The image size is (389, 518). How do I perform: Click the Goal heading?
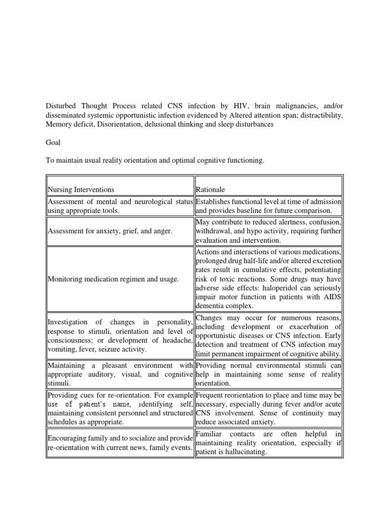click(x=53, y=143)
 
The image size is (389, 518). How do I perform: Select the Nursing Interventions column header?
click(x=81, y=190)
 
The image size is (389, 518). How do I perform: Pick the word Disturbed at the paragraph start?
click(x=61, y=106)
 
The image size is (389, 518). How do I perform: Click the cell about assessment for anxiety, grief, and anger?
click(x=110, y=231)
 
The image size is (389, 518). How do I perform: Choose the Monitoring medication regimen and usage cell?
click(x=113, y=279)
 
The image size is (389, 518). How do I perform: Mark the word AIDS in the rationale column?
click(x=332, y=297)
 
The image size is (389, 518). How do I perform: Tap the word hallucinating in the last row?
click(x=243, y=452)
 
